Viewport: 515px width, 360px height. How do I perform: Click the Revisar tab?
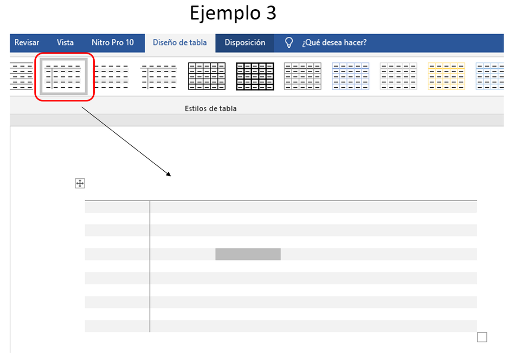click(x=27, y=43)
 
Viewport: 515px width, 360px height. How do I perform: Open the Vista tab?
click(x=65, y=43)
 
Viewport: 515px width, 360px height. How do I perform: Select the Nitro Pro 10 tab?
click(x=113, y=43)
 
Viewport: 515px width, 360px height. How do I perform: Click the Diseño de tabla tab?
click(x=180, y=43)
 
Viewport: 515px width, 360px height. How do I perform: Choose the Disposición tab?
click(x=244, y=43)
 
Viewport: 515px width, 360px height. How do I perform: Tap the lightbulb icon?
click(x=289, y=43)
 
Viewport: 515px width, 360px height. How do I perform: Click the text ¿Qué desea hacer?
click(x=334, y=43)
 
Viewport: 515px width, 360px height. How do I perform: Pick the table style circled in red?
click(x=63, y=76)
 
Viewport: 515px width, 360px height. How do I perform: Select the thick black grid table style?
click(x=255, y=76)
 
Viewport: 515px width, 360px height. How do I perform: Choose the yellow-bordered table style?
click(x=446, y=76)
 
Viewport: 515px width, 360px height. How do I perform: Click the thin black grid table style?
click(x=207, y=76)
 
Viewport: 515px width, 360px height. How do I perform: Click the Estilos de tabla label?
click(x=210, y=109)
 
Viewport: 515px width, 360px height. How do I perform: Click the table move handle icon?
click(x=80, y=183)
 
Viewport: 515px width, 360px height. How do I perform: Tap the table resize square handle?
click(x=482, y=337)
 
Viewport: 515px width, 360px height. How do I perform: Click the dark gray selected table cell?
click(x=248, y=254)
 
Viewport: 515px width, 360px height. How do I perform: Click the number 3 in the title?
click(x=271, y=13)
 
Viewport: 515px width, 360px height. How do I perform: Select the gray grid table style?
click(x=302, y=76)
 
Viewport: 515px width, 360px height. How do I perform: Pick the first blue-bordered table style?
click(x=350, y=76)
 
